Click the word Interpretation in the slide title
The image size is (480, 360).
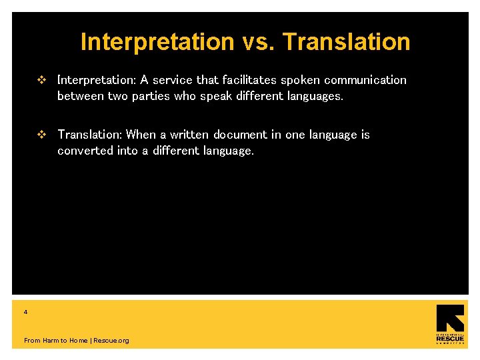tap(157, 42)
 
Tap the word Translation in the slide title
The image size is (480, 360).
tap(346, 42)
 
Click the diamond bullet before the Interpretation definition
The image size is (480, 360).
tap(42, 80)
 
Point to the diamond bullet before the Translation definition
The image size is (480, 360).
tap(42, 135)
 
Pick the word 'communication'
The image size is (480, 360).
tap(365, 80)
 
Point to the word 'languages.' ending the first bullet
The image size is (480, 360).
tap(314, 96)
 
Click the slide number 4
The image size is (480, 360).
tap(25, 312)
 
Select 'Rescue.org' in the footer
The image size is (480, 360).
tap(111, 341)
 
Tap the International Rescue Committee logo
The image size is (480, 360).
tap(450, 325)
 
